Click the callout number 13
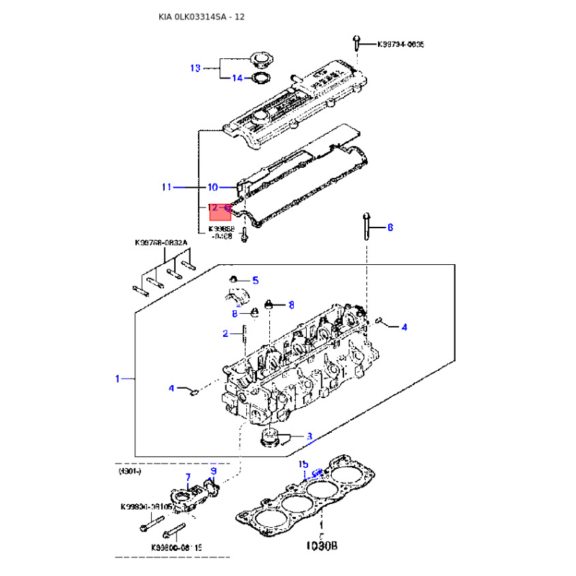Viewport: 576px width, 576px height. (x=194, y=68)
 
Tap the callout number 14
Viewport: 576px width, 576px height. (x=237, y=78)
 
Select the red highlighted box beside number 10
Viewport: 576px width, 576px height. (x=219, y=211)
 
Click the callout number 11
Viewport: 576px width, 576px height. (x=166, y=187)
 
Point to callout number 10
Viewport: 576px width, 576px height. (x=212, y=187)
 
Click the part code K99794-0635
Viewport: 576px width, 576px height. (x=401, y=45)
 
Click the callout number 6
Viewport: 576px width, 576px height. (x=390, y=228)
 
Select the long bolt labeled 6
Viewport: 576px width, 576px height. (x=367, y=227)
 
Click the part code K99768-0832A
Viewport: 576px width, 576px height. (x=161, y=243)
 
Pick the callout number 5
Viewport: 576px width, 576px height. (x=255, y=280)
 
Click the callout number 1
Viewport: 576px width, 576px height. (x=117, y=378)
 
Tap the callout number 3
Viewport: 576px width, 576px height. (x=310, y=436)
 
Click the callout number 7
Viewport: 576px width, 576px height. (x=188, y=477)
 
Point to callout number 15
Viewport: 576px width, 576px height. (x=303, y=464)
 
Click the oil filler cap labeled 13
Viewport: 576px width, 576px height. (x=257, y=59)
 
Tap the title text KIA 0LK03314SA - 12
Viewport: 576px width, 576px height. (x=202, y=17)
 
